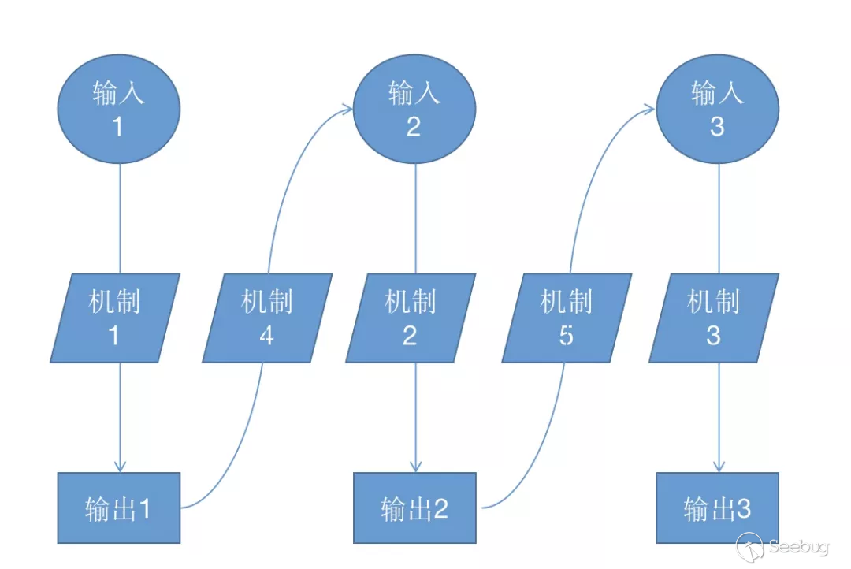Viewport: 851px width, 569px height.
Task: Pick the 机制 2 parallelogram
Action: pos(411,318)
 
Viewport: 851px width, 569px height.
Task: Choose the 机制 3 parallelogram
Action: pos(714,318)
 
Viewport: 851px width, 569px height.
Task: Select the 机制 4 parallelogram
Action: pos(267,318)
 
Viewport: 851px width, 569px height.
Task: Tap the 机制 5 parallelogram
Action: pos(567,318)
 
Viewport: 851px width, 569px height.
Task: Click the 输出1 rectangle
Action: pos(119,508)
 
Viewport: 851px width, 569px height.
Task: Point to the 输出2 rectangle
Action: pos(414,508)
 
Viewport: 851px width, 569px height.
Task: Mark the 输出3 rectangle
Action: pos(717,508)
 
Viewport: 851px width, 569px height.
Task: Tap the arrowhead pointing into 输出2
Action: pos(416,466)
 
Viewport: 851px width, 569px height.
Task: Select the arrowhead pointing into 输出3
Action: pos(719,466)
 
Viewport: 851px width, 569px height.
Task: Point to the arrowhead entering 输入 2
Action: pos(346,110)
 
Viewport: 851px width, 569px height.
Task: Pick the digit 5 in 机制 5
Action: pos(567,336)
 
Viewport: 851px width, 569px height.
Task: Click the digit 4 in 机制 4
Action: pos(267,336)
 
